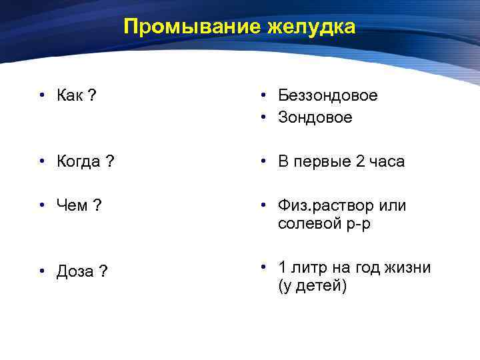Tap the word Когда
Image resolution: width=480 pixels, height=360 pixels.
[79, 162]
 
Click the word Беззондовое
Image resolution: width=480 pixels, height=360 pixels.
[327, 96]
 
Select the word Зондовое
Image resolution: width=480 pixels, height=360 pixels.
[315, 118]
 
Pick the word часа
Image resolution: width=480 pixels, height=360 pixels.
[387, 162]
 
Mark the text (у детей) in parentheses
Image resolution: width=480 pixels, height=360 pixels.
[312, 287]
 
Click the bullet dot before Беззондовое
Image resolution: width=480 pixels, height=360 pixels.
[265, 96]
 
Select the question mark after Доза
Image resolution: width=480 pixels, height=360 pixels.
[105, 272]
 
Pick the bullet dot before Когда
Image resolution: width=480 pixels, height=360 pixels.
[41, 162]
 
